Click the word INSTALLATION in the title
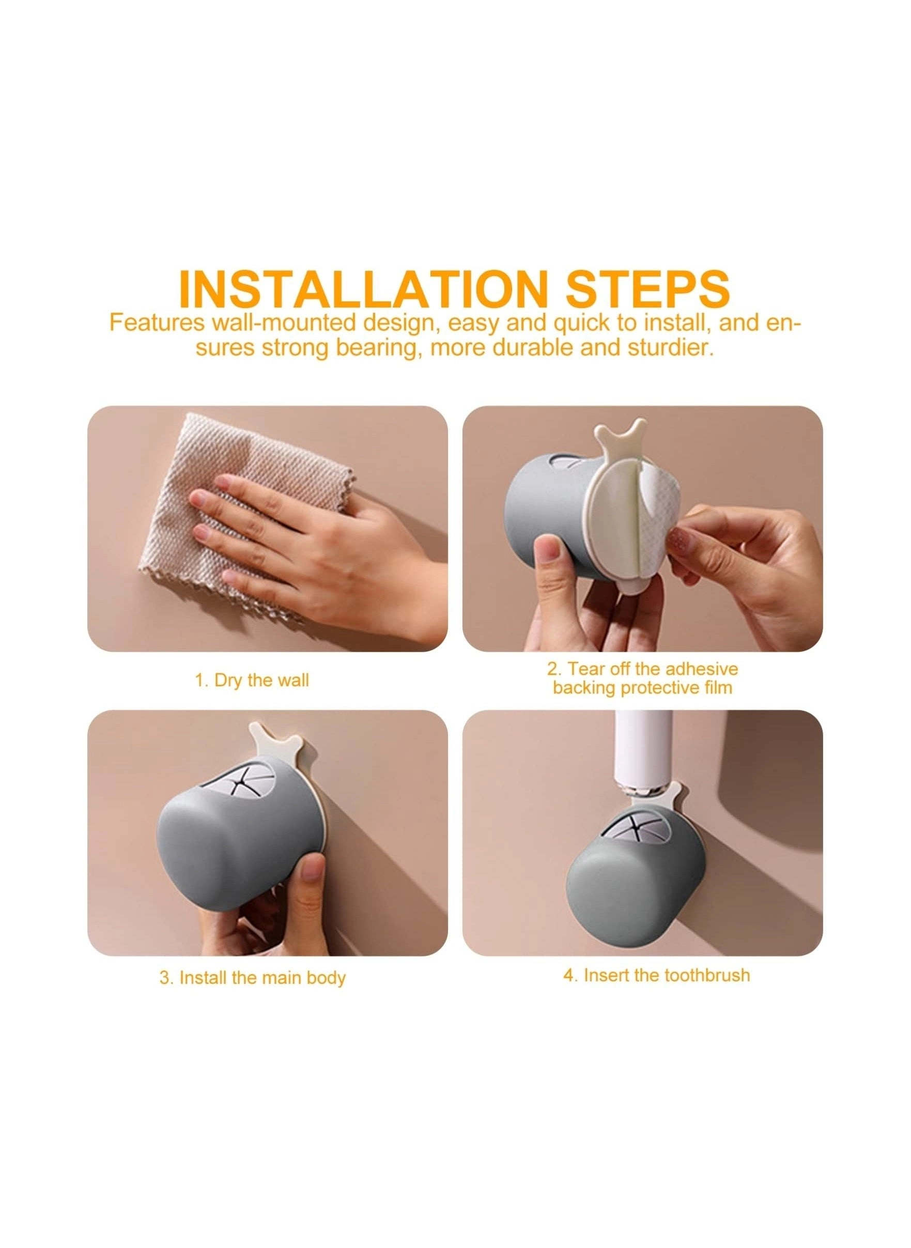(361, 289)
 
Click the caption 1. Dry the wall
(252, 680)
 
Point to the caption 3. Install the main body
(253, 947)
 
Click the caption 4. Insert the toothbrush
(656, 944)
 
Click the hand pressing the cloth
(309, 541)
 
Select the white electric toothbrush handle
(643, 756)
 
